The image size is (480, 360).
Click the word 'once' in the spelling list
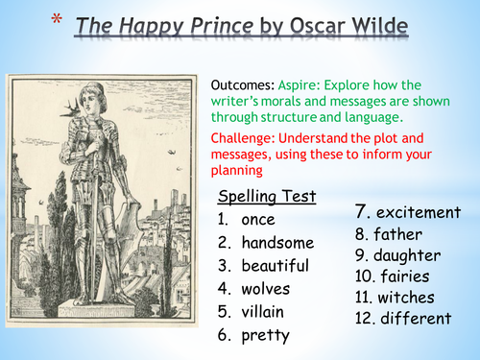(258, 220)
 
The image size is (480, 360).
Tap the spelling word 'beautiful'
(275, 266)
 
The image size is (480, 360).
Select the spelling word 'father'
(400, 234)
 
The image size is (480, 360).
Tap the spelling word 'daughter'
(409, 255)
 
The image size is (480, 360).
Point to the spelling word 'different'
(414, 319)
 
